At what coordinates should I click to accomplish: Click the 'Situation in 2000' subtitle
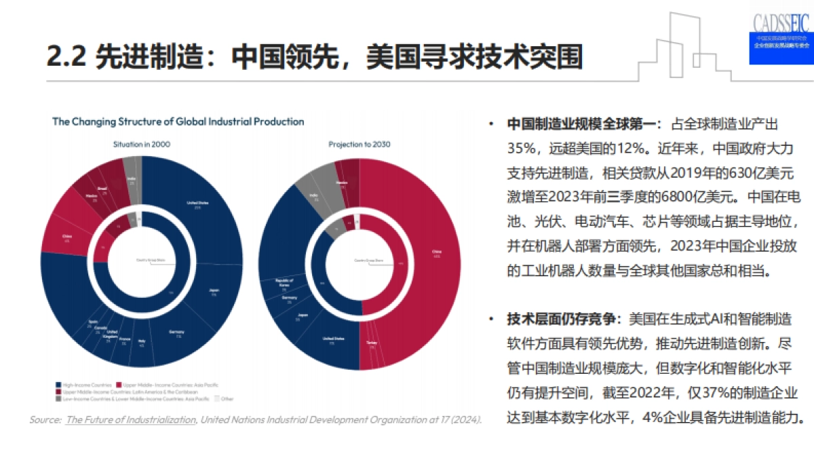coord(142,145)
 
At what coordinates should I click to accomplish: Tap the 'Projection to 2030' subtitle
coord(360,145)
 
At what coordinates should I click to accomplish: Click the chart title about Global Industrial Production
coord(178,121)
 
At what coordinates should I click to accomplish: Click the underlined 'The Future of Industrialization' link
coord(130,420)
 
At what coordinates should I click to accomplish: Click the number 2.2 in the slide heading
coord(66,57)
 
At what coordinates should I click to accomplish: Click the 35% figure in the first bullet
coord(521,149)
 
